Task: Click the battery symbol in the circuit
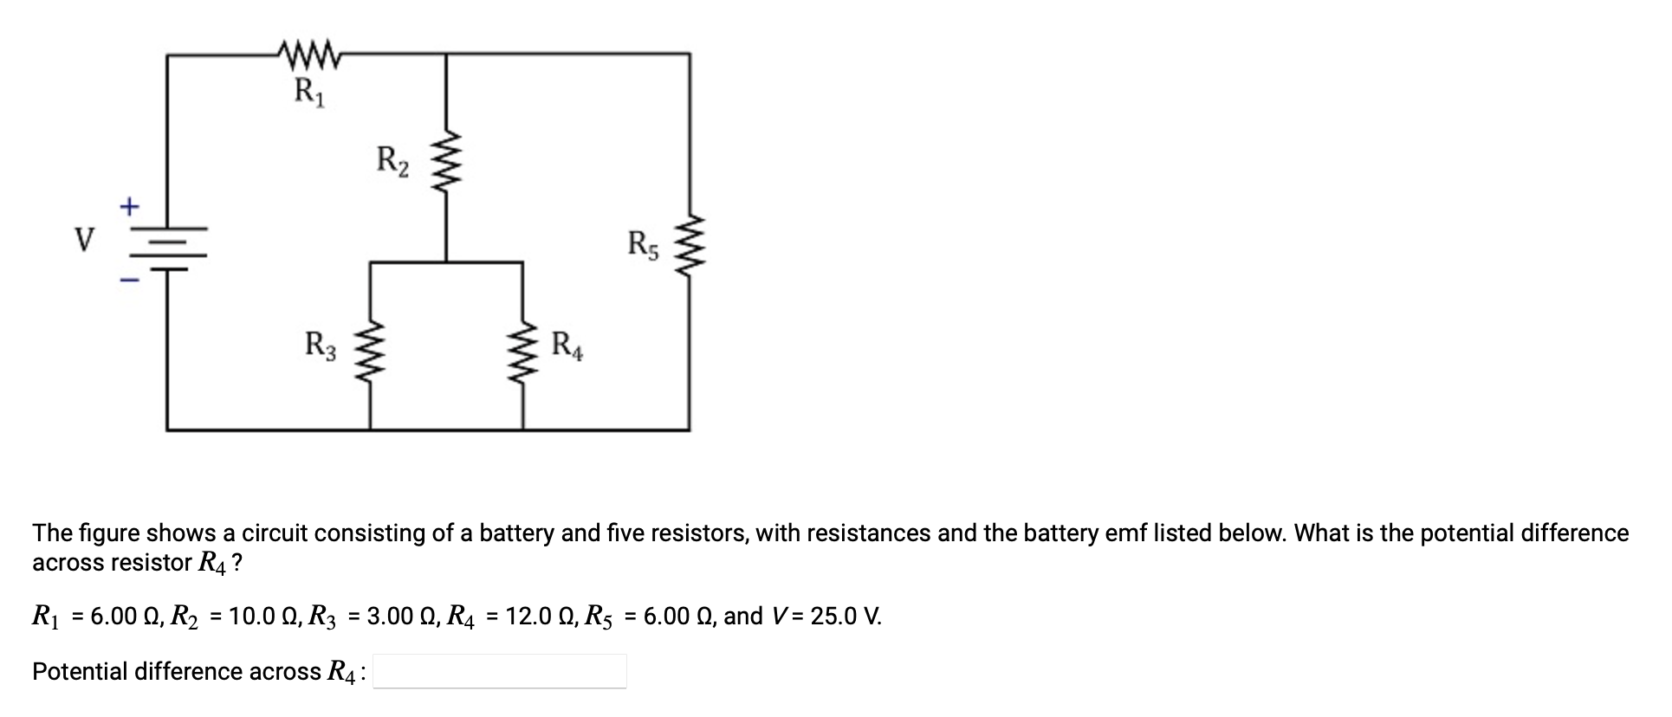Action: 168,248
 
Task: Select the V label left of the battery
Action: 84,239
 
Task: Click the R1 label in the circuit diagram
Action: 309,91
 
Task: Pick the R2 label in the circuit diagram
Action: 392,161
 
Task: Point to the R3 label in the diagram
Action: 321,345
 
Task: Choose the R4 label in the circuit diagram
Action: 568,345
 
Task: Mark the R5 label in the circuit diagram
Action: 644,245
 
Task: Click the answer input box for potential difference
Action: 500,671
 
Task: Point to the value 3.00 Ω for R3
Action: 398,617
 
